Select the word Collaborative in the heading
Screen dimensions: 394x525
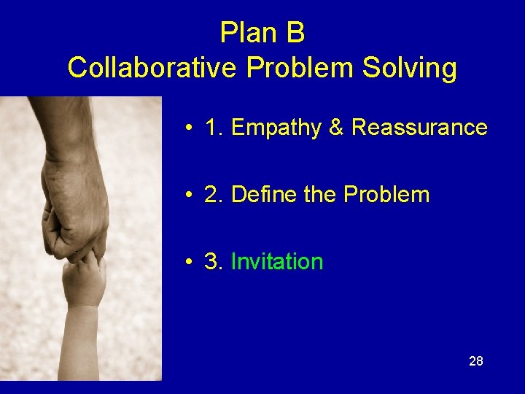(152, 68)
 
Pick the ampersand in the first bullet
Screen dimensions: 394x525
(336, 128)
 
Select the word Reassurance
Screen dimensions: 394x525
(419, 128)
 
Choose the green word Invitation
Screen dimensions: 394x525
(277, 262)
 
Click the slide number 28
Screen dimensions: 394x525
(475, 361)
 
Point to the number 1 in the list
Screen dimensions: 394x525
(211, 128)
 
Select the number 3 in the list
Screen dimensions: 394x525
(212, 262)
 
